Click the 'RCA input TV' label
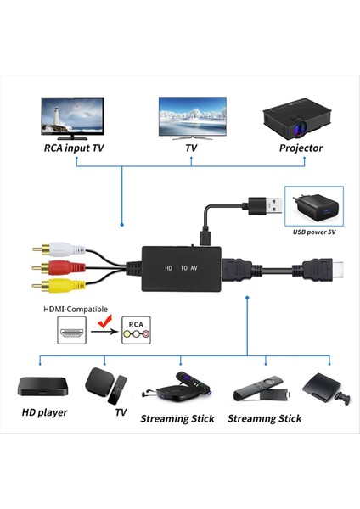(x=76, y=148)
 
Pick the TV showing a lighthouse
(x=73, y=117)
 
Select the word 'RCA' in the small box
(x=134, y=324)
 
